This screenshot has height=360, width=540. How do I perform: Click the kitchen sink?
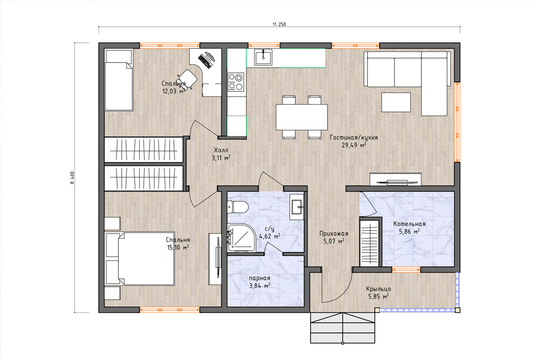(263, 57)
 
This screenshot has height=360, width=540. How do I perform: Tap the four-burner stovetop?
(236, 82)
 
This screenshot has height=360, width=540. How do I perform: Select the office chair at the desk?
(187, 79)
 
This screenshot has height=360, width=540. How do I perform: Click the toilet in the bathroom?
(238, 207)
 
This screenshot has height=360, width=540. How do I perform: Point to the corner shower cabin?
(241, 238)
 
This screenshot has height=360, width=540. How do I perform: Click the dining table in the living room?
(301, 117)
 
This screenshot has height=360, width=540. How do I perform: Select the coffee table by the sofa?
(396, 102)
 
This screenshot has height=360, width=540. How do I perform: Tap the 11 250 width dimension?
(279, 24)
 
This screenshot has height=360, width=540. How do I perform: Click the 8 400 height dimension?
(72, 178)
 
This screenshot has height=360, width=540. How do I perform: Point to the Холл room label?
(221, 150)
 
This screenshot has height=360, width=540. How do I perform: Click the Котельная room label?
(409, 224)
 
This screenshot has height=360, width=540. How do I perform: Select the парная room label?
(259, 278)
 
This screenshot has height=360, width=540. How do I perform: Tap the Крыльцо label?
(378, 289)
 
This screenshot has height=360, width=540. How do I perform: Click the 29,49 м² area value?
(354, 145)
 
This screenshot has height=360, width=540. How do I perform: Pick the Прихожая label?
(334, 234)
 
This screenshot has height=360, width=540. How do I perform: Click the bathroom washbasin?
(297, 207)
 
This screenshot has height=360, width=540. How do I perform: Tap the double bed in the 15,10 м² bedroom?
(139, 258)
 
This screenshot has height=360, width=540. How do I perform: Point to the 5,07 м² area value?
(334, 241)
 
